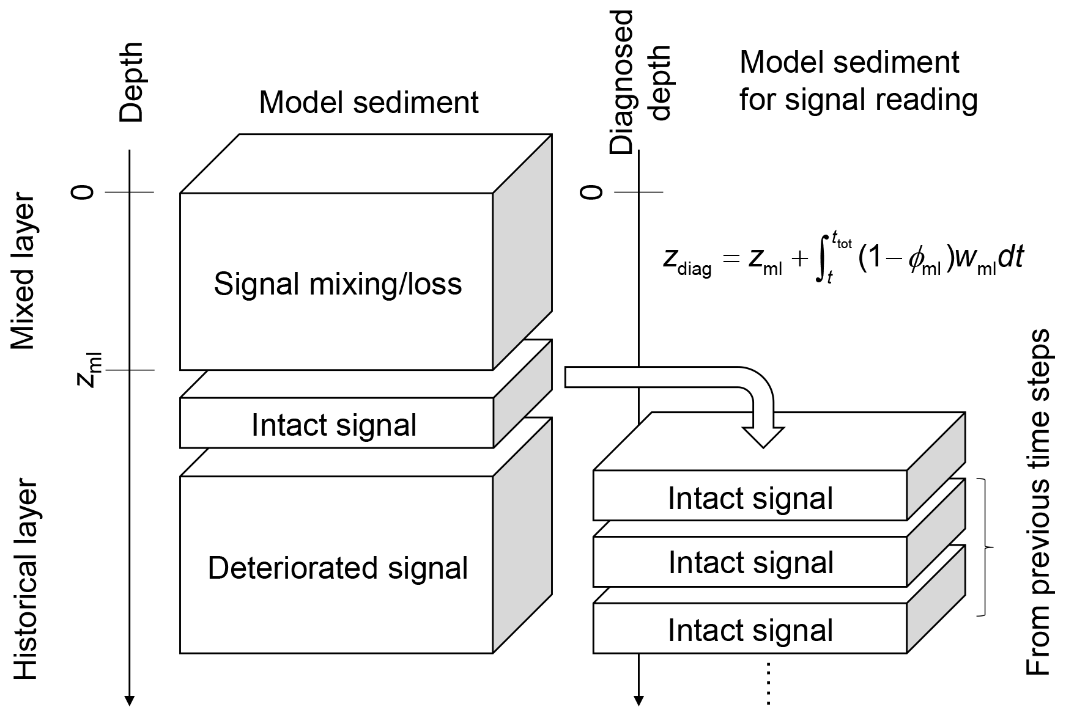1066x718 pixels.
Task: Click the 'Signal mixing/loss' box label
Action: click(x=338, y=284)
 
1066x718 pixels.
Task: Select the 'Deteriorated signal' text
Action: click(x=338, y=568)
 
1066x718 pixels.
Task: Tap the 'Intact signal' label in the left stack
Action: click(x=334, y=425)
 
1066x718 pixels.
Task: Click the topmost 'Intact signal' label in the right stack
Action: click(x=750, y=498)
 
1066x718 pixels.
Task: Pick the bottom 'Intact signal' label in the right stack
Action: click(x=750, y=630)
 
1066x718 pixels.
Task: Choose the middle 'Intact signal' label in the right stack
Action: click(x=751, y=562)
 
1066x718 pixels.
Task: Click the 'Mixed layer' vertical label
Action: click(x=24, y=273)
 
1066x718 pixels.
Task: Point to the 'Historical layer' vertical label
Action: click(x=25, y=581)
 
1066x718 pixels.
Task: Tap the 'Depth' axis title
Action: click(x=131, y=82)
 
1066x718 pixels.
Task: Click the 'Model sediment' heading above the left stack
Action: click(x=368, y=103)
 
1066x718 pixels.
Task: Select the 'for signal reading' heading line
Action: click(x=858, y=99)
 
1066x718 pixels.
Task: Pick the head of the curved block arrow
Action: click(x=763, y=436)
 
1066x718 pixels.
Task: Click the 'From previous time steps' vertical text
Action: click(x=1037, y=502)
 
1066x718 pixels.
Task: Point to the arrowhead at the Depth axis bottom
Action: click(x=130, y=700)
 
